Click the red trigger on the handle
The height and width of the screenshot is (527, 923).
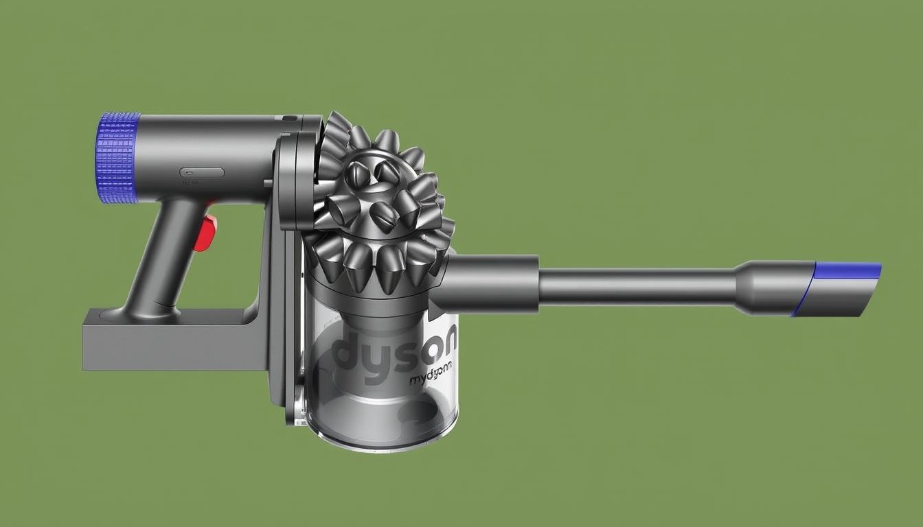click(205, 232)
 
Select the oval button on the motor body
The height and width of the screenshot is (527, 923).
click(202, 172)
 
